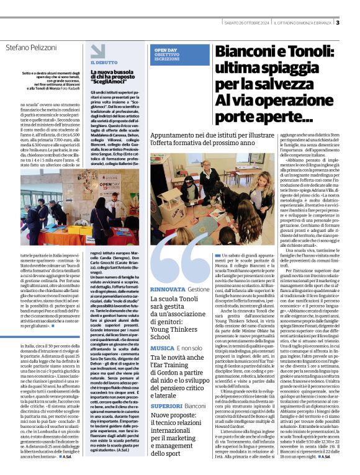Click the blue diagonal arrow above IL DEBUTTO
click(x=93, y=52)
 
